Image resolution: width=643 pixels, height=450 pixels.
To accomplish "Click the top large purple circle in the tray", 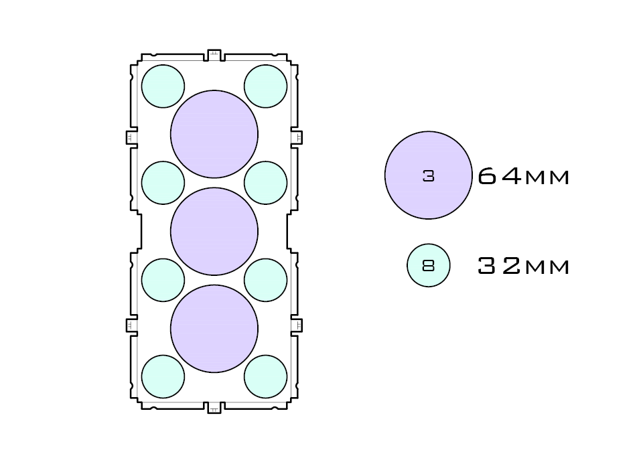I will pyautogui.click(x=214, y=134).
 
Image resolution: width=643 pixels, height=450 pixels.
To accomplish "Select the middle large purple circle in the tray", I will pyautogui.click(x=214, y=231).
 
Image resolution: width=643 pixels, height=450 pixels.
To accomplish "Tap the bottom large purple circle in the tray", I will pyautogui.click(x=214, y=329).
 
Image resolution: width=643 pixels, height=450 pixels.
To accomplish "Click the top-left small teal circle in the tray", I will pyautogui.click(x=163, y=86).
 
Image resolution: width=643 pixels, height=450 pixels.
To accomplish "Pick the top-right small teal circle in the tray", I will pyautogui.click(x=266, y=86).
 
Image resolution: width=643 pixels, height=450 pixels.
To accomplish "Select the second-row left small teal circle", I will pyautogui.click(x=163, y=183).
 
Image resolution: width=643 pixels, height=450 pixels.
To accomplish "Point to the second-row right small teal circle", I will pyautogui.click(x=266, y=183).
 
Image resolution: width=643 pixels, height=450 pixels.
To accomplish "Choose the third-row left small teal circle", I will pyautogui.click(x=163, y=280).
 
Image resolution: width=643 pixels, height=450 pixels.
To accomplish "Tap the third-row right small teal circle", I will pyautogui.click(x=266, y=280).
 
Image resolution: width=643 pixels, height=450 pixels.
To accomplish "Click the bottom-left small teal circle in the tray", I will pyautogui.click(x=163, y=376).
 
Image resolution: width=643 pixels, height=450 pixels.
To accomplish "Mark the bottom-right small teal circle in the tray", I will pyautogui.click(x=266, y=376).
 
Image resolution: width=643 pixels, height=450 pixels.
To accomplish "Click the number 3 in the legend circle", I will pyautogui.click(x=429, y=176).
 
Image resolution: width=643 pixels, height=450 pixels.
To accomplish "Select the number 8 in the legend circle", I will pyautogui.click(x=429, y=266).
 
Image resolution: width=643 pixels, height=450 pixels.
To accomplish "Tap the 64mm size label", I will pyautogui.click(x=524, y=176).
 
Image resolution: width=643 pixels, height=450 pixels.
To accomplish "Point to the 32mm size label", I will pyautogui.click(x=524, y=266).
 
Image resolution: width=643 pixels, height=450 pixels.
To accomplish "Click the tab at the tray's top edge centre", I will pyautogui.click(x=214, y=55).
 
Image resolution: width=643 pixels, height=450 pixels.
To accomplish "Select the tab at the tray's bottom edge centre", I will pyautogui.click(x=214, y=407).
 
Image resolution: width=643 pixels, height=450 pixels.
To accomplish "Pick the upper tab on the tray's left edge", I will pyautogui.click(x=131, y=137).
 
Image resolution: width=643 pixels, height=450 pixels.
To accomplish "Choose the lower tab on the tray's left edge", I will pyautogui.click(x=131, y=325).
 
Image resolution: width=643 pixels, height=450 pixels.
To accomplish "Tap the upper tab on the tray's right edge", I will pyautogui.click(x=297, y=137).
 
